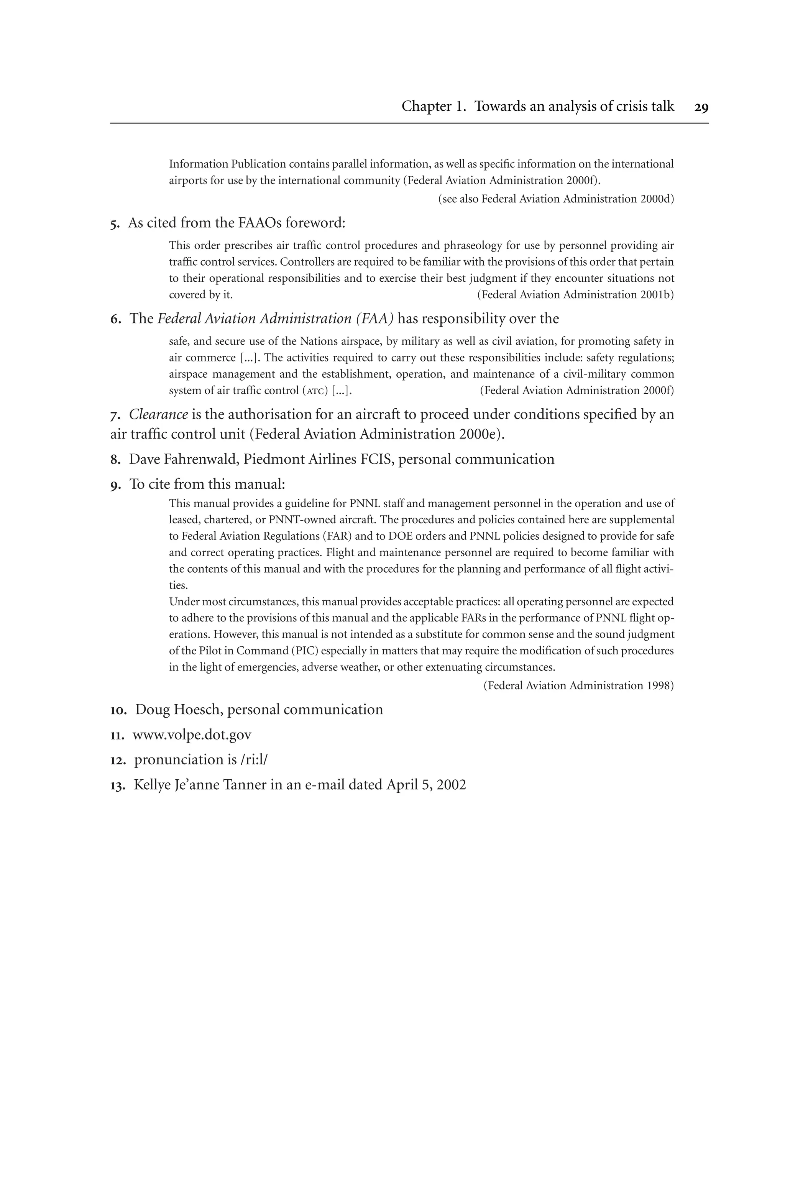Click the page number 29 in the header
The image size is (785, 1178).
pyautogui.click(x=701, y=107)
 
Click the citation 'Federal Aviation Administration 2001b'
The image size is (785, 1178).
pyautogui.click(x=575, y=295)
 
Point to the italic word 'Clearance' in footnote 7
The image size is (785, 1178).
pyautogui.click(x=158, y=414)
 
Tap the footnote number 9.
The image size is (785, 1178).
pyautogui.click(x=115, y=485)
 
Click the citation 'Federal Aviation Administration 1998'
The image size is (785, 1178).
pyautogui.click(x=578, y=686)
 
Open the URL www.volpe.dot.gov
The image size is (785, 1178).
pyautogui.click(x=192, y=735)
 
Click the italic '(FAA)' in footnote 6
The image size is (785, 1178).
pyautogui.click(x=374, y=319)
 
